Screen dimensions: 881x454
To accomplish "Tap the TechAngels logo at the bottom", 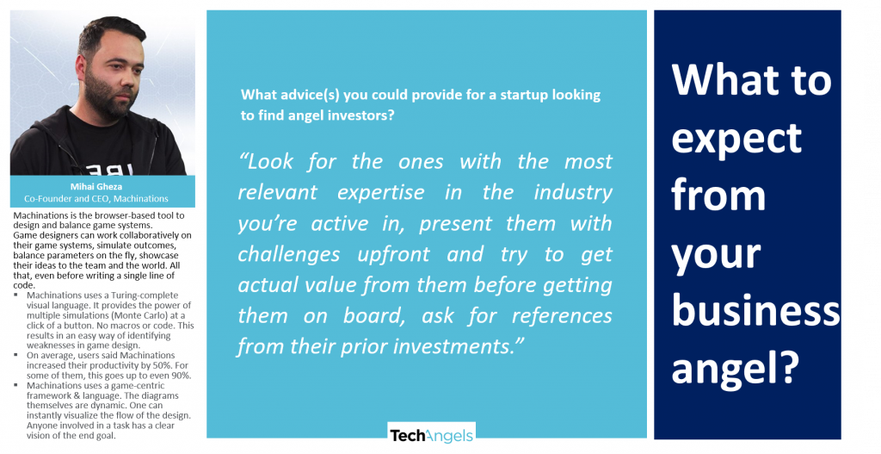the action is tap(432, 435).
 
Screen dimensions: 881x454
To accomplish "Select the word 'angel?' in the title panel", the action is tap(735, 368).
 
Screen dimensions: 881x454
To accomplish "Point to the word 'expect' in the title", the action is tap(736, 138).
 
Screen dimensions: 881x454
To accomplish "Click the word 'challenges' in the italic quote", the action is tap(289, 254).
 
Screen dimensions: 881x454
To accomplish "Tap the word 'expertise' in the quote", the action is tap(381, 192).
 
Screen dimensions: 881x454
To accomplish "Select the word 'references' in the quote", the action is tap(562, 315).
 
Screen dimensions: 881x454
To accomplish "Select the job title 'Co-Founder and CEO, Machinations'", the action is tap(96, 199).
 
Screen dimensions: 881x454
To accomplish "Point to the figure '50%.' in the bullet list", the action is tap(163, 365).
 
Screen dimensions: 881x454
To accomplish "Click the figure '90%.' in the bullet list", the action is tap(180, 376).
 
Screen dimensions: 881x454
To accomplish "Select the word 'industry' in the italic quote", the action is tap(573, 192).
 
